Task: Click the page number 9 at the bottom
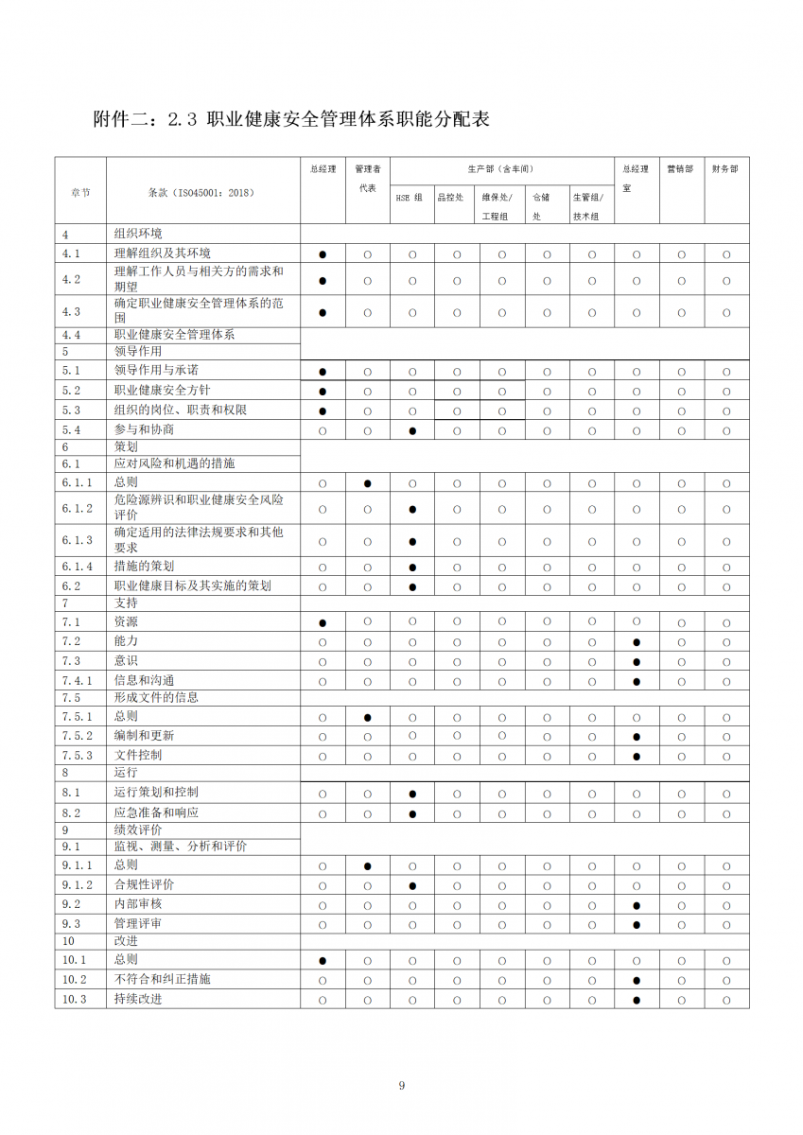[x=402, y=1085]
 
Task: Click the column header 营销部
[x=680, y=169]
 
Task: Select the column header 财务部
[x=725, y=169]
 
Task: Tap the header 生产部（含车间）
[x=501, y=169]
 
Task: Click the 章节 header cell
[x=80, y=192]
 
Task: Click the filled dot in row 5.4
[x=412, y=431]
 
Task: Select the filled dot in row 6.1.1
[x=368, y=483]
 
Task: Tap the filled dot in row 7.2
[x=637, y=642]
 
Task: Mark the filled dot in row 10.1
[x=323, y=961]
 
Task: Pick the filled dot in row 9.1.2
[x=412, y=886]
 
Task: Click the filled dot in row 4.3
[x=323, y=312]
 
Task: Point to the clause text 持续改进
[x=138, y=999]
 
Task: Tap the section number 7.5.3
[x=78, y=755]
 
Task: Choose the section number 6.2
[x=71, y=585]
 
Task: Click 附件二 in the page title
[x=120, y=120]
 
